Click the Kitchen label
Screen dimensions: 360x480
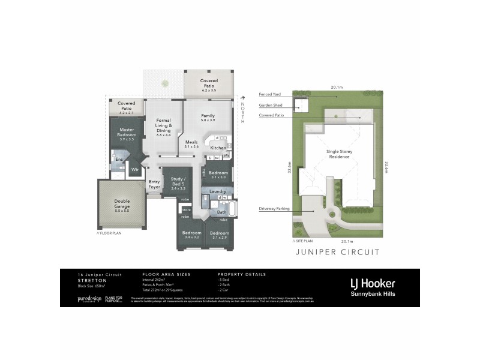pyautogui.click(x=218, y=147)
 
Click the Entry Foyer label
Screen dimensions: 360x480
pyautogui.click(x=154, y=184)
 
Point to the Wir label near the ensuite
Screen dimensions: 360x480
pyautogui.click(x=135, y=169)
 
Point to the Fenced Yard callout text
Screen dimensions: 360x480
pyautogui.click(x=269, y=94)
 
